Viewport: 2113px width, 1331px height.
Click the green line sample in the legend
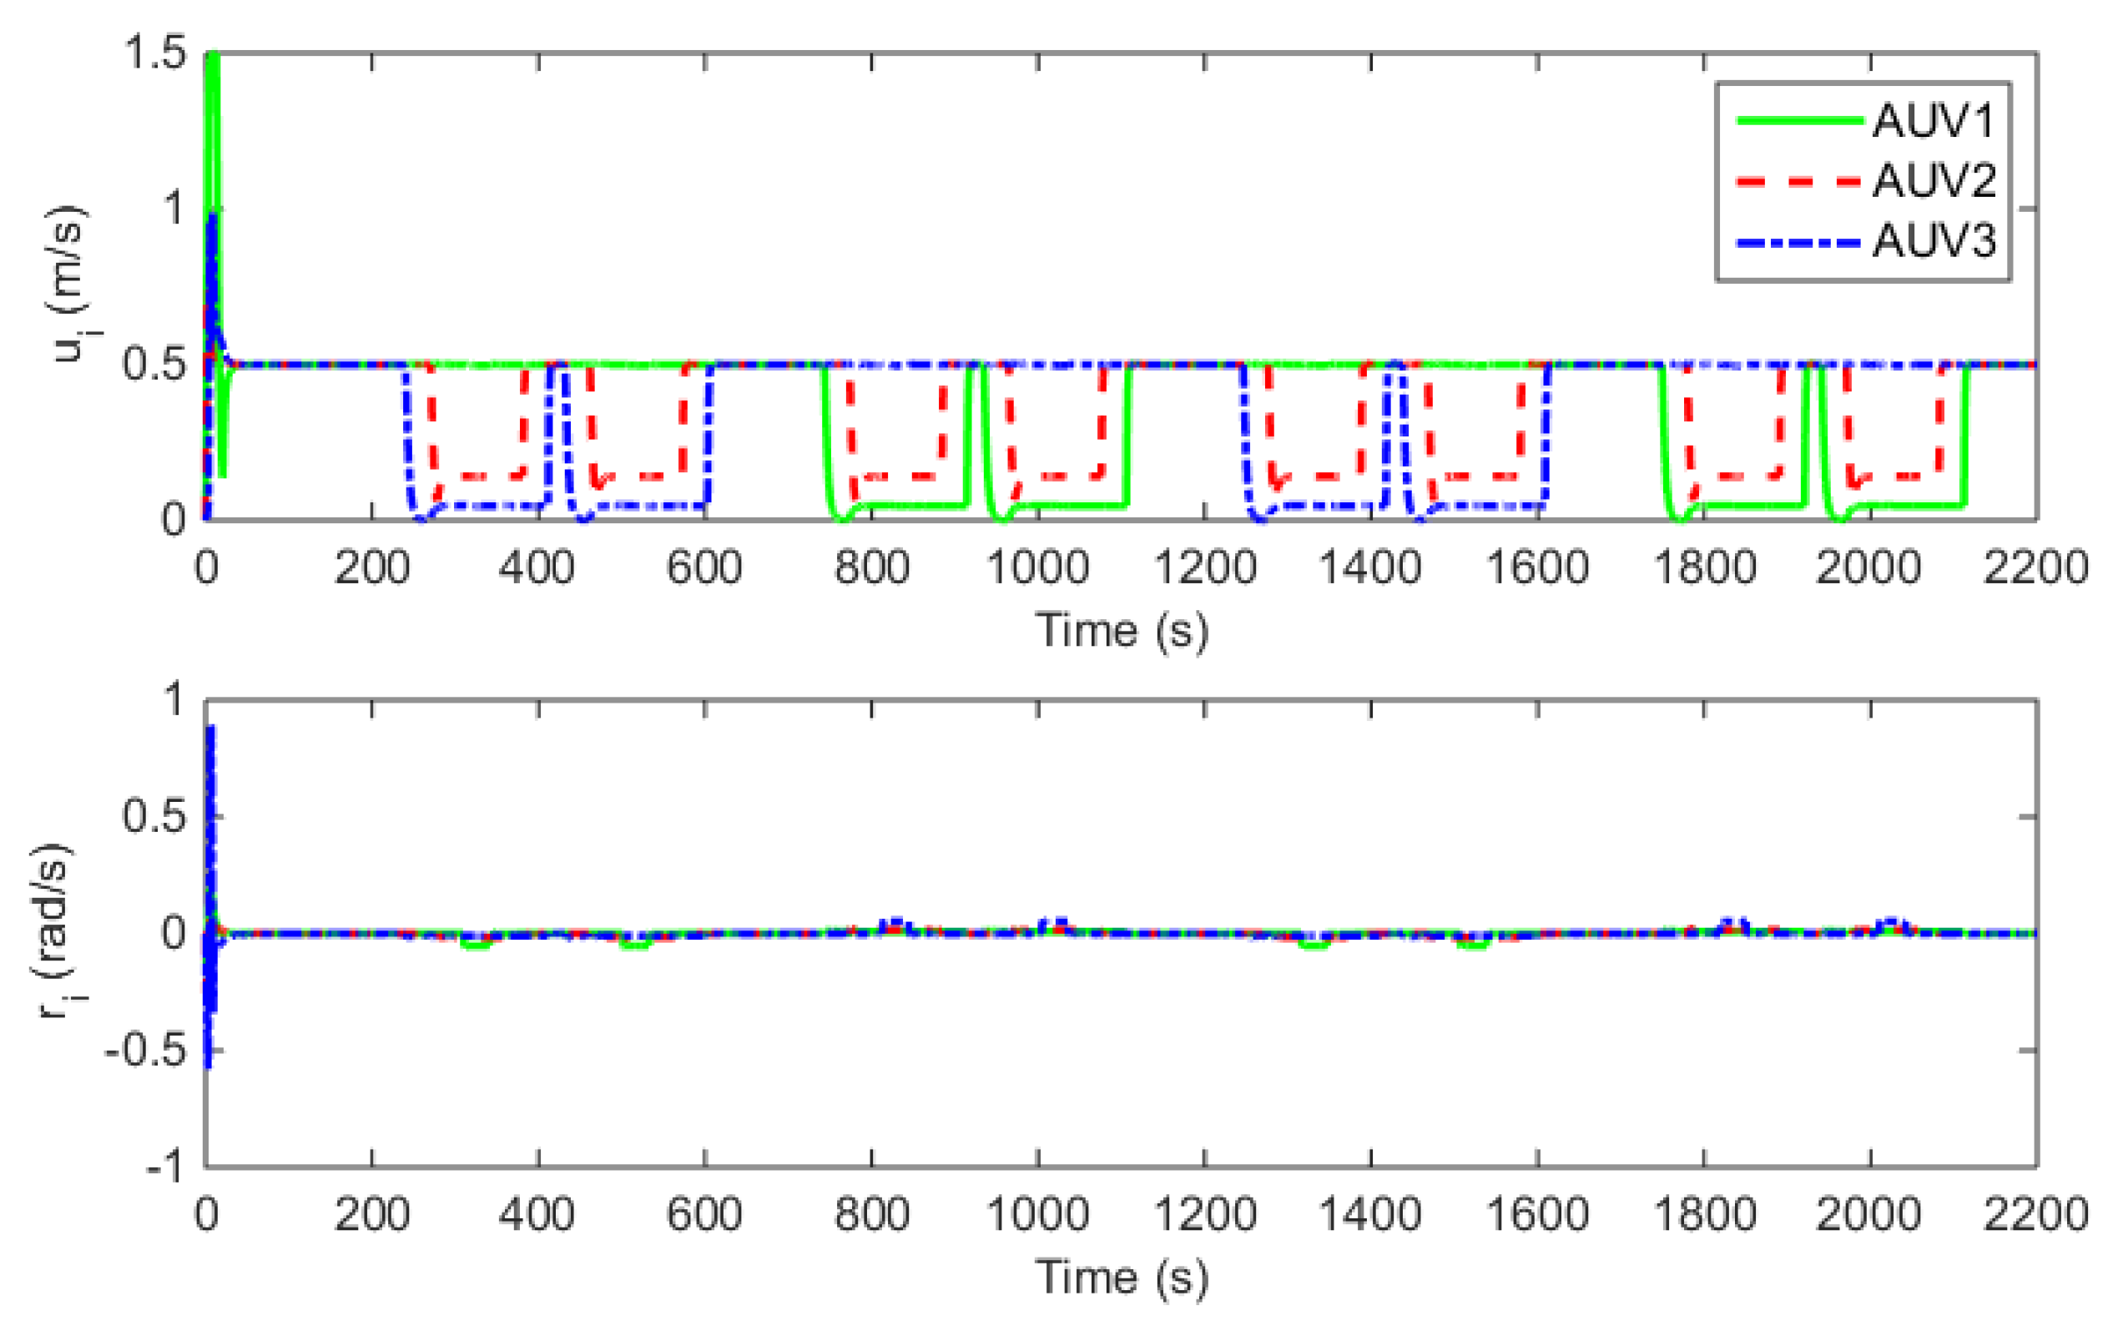point(1799,121)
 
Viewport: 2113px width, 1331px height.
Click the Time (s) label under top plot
point(1122,630)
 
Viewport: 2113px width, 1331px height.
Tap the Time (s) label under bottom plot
point(1122,1277)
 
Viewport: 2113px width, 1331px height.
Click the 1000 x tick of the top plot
point(1037,567)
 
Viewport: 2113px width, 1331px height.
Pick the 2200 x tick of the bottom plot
point(2034,1214)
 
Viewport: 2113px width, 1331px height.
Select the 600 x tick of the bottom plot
point(703,1214)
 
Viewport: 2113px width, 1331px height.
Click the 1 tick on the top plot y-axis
point(174,209)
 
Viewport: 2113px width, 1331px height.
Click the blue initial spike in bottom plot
point(209,789)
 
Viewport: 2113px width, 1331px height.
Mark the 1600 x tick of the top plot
point(1536,567)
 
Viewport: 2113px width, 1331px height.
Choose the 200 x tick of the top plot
point(371,567)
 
